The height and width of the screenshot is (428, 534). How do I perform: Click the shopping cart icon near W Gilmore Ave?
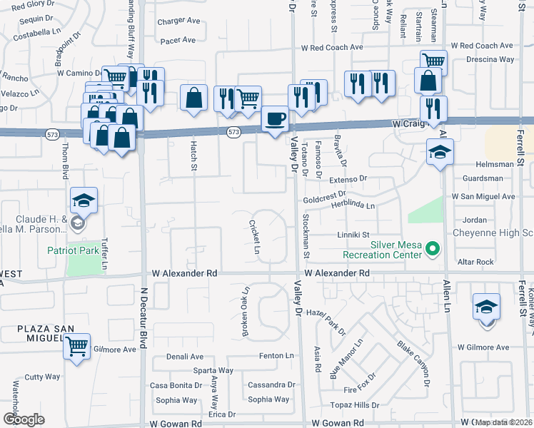click(x=76, y=347)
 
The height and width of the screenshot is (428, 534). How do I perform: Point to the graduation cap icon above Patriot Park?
click(x=84, y=201)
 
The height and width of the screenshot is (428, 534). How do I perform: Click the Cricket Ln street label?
click(x=253, y=236)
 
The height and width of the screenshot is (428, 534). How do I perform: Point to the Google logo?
click(x=24, y=419)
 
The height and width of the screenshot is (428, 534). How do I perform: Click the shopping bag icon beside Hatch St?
click(x=194, y=98)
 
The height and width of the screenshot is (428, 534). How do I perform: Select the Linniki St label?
click(x=353, y=235)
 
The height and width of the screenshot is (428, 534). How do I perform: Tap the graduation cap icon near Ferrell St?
click(x=487, y=307)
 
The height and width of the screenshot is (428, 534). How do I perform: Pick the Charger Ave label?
click(x=179, y=21)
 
